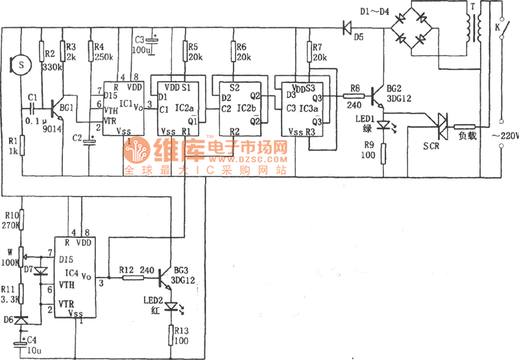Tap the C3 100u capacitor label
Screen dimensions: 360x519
pos(142,43)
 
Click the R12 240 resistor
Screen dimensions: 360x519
pos(134,278)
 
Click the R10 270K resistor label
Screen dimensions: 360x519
pos(11,220)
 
